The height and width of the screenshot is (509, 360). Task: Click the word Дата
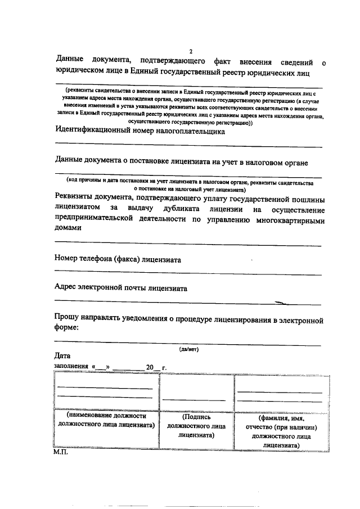tap(62, 356)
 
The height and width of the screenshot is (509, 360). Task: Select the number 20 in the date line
tap(150, 367)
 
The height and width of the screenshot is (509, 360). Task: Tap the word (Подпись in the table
tap(197, 417)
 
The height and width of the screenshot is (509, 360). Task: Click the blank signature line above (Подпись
tap(194, 400)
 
